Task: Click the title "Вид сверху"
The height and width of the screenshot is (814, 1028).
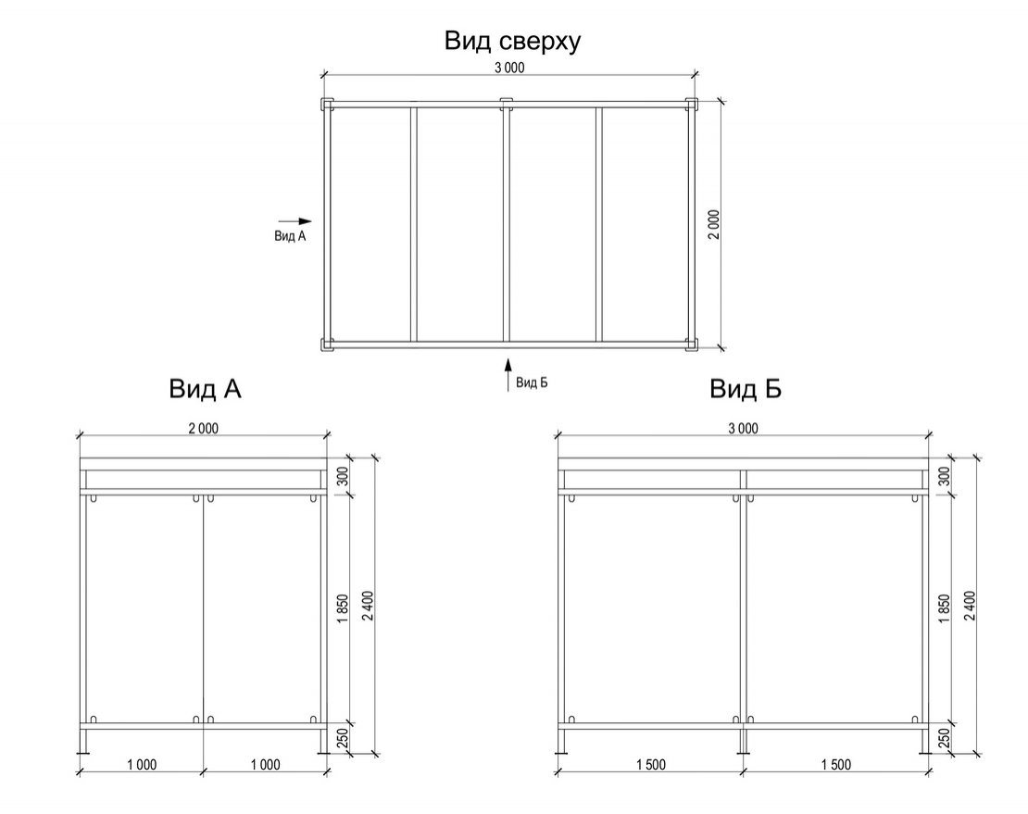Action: coord(512,42)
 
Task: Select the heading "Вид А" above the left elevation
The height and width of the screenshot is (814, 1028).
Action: coord(205,389)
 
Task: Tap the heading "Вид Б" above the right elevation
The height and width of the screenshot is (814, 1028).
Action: coord(746,389)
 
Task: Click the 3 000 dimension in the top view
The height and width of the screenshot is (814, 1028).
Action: coord(508,68)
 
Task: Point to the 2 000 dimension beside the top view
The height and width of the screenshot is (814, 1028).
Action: coord(714,225)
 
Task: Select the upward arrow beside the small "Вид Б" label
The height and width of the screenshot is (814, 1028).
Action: coord(507,376)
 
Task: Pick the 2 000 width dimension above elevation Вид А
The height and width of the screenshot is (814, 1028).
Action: coord(203,428)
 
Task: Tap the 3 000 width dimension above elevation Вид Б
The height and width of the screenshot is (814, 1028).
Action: coord(742,428)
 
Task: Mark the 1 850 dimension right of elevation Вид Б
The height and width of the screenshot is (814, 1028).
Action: coord(945,608)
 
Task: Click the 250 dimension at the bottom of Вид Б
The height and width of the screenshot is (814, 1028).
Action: coord(945,740)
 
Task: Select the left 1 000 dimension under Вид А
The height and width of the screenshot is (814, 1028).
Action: coord(141,764)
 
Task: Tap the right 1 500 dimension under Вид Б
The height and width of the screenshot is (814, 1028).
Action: coord(834,764)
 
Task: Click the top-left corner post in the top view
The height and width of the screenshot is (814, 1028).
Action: coord(325,104)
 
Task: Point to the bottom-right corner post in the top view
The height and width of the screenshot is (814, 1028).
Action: coord(690,346)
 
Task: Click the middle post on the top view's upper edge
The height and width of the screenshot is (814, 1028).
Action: coord(506,103)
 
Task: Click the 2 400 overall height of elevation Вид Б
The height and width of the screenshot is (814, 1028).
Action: coord(970,608)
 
